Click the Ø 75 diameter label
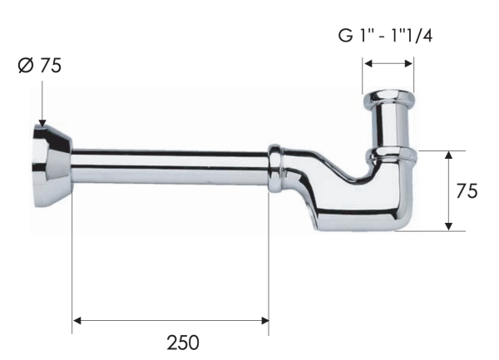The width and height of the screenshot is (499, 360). pyautogui.click(x=39, y=66)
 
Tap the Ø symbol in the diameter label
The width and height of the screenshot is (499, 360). pyautogui.click(x=24, y=66)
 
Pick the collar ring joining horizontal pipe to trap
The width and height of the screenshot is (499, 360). pyautogui.click(x=275, y=166)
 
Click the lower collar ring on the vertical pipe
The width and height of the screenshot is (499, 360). pyautogui.click(x=390, y=155)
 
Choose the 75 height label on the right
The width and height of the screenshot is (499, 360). pyautogui.click(x=467, y=190)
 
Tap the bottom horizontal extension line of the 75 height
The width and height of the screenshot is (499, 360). pyautogui.click(x=428, y=231)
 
